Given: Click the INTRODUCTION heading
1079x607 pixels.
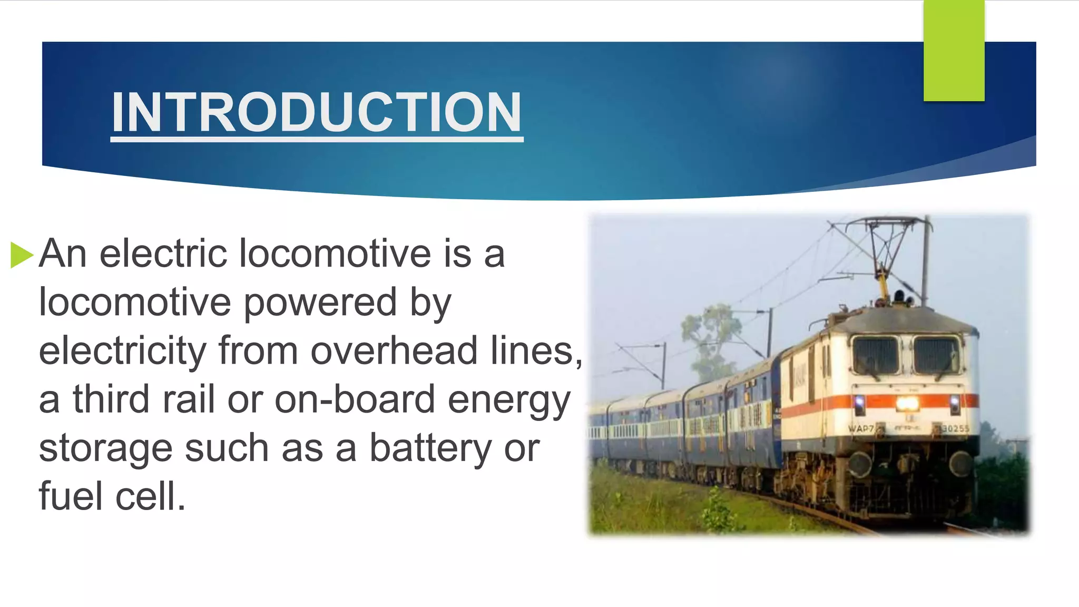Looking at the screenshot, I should pos(316,112).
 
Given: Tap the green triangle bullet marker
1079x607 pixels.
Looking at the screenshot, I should pos(22,255).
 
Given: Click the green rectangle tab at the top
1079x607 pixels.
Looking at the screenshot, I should pos(954,51).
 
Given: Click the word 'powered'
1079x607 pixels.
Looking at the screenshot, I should pos(320,302).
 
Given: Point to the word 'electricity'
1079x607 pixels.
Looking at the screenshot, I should pos(122,351).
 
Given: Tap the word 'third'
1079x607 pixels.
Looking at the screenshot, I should pos(111,399).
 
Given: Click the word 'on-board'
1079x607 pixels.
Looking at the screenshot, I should pos(355,399).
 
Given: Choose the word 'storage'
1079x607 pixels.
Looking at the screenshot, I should pos(105,448).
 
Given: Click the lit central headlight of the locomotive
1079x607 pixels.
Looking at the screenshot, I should pos(907,404).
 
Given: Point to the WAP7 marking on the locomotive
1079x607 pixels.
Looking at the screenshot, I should pos(860,428).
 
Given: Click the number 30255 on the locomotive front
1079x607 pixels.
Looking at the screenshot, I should pos(955,428).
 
